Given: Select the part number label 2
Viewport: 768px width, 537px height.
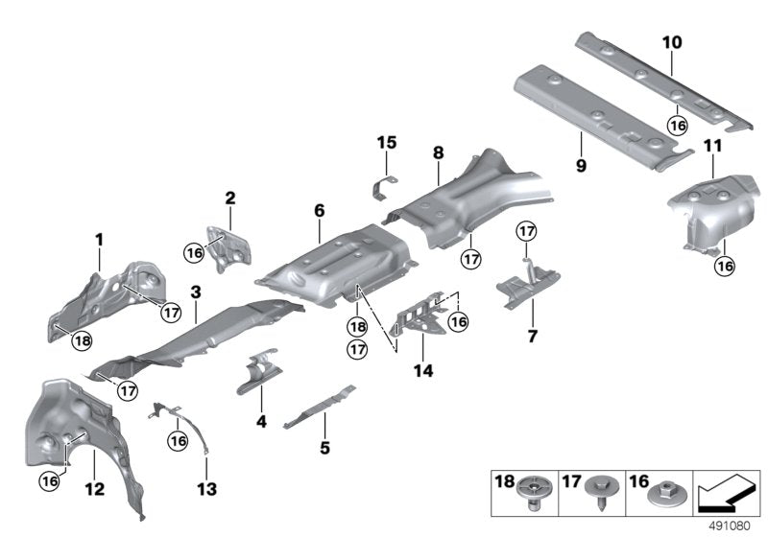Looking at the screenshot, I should (229, 198).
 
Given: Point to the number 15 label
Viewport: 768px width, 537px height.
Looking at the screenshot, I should (386, 143).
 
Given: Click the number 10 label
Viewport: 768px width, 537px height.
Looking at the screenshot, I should (671, 42).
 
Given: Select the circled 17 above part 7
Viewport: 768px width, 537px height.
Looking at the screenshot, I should (525, 230).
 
